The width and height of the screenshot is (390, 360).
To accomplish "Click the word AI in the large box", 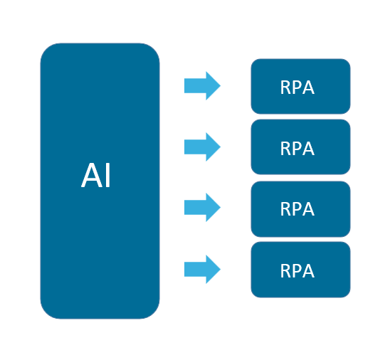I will pyautogui.click(x=96, y=176).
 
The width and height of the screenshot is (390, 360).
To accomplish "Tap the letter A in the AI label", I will pyautogui.click(x=90, y=176).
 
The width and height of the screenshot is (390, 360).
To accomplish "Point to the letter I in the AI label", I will pyautogui.click(x=107, y=176).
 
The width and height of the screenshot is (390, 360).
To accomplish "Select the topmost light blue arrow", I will pyautogui.click(x=202, y=86).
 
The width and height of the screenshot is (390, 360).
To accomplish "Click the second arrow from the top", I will pyautogui.click(x=202, y=147).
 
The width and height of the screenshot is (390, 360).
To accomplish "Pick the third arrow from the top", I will pyautogui.click(x=202, y=208).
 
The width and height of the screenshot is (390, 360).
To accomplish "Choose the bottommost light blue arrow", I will pyautogui.click(x=202, y=270).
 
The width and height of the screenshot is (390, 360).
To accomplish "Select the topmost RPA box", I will pyautogui.click(x=300, y=86).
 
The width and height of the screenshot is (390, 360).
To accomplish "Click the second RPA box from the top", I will pyautogui.click(x=300, y=147).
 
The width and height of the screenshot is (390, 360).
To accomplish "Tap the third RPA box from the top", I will pyautogui.click(x=300, y=208).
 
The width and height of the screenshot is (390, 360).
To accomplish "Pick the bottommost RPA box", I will pyautogui.click(x=300, y=270).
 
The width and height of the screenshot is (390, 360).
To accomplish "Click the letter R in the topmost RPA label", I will pyautogui.click(x=285, y=88).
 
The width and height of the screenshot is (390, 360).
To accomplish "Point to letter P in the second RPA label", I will pyautogui.click(x=297, y=149).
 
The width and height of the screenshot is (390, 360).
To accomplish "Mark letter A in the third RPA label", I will pyautogui.click(x=308, y=209).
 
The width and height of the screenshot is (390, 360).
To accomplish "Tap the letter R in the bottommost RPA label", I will pyautogui.click(x=285, y=271).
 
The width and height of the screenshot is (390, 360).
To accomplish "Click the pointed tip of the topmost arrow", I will pyautogui.click(x=219, y=86).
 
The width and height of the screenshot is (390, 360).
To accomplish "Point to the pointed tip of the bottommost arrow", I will pyautogui.click(x=219, y=270).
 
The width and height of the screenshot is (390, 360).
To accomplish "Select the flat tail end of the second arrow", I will pyautogui.click(x=186, y=147).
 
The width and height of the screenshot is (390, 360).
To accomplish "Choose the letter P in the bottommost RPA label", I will pyautogui.click(x=297, y=271).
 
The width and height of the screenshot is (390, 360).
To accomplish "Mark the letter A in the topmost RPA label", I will pyautogui.click(x=308, y=88).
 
